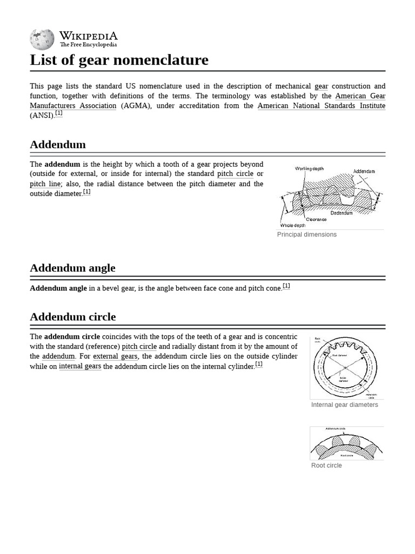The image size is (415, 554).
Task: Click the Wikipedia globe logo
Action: pyautogui.click(x=42, y=39)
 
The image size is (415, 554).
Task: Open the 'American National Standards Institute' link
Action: pyautogui.click(x=321, y=106)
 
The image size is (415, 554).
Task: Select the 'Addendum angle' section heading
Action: pyautogui.click(x=72, y=268)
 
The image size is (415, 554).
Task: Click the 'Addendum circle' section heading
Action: pyautogui.click(x=72, y=317)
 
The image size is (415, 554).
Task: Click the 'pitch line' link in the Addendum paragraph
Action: pyautogui.click(x=45, y=184)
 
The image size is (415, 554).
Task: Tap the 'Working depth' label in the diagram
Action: pyautogui.click(x=309, y=169)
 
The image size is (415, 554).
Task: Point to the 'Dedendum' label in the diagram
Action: pyautogui.click(x=342, y=213)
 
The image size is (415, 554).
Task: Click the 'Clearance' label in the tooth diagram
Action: pyautogui.click(x=316, y=220)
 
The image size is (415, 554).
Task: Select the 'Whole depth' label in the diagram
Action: pyautogui.click(x=292, y=226)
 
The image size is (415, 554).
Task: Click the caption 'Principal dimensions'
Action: pyautogui.click(x=306, y=235)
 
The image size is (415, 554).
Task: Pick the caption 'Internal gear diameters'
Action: pyautogui.click(x=344, y=405)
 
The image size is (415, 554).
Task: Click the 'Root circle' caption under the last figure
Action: pyautogui.click(x=326, y=465)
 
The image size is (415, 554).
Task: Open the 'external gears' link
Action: pyautogui.click(x=115, y=357)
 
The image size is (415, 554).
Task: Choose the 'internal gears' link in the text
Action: pyautogui.click(x=80, y=366)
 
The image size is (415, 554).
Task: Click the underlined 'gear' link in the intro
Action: pyautogui.click(x=321, y=87)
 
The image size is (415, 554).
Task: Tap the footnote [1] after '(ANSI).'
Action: pyautogui.click(x=58, y=114)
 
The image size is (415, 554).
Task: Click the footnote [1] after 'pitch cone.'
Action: pyautogui.click(x=286, y=286)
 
